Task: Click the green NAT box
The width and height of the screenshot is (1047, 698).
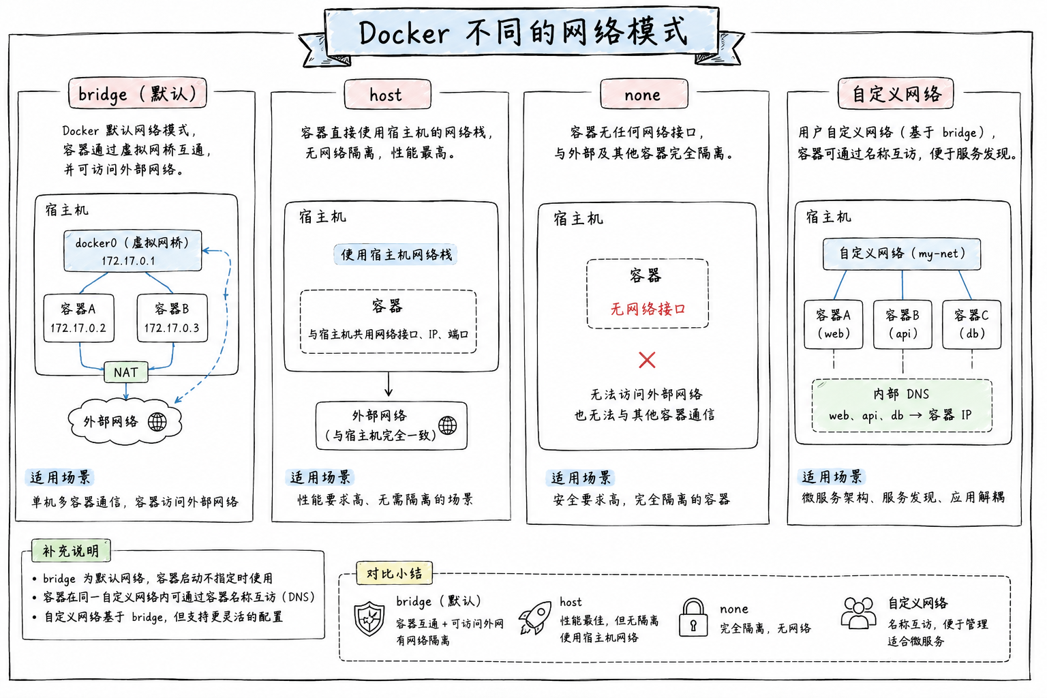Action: [125, 372]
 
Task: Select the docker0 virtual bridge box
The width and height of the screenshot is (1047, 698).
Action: [133, 251]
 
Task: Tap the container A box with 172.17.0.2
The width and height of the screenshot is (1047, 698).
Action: [78, 318]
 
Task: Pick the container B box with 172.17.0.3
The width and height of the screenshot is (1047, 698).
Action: [172, 318]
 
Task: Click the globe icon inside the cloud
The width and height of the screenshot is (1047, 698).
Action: [157, 422]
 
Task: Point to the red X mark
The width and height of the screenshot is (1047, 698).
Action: [647, 360]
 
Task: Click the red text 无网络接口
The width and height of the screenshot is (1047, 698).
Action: [648, 309]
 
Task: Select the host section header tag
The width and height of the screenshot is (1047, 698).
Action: [387, 95]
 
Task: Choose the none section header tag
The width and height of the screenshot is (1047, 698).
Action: [643, 94]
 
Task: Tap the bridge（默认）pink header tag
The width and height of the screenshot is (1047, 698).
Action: [138, 93]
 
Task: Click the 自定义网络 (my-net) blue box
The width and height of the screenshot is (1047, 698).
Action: [902, 254]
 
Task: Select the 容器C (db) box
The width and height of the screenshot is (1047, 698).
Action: [972, 324]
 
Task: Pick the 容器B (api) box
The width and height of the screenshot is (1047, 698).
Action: [902, 324]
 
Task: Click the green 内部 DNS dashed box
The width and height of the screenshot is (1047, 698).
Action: [902, 406]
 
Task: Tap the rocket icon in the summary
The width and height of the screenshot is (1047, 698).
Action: [535, 618]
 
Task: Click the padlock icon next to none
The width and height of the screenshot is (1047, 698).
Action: [693, 617]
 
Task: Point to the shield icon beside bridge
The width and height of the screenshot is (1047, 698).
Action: [369, 618]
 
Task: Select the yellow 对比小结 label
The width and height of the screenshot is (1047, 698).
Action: [394, 573]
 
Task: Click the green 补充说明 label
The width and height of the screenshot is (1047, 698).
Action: [71, 551]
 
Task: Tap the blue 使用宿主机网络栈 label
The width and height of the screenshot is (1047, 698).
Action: [395, 255]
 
